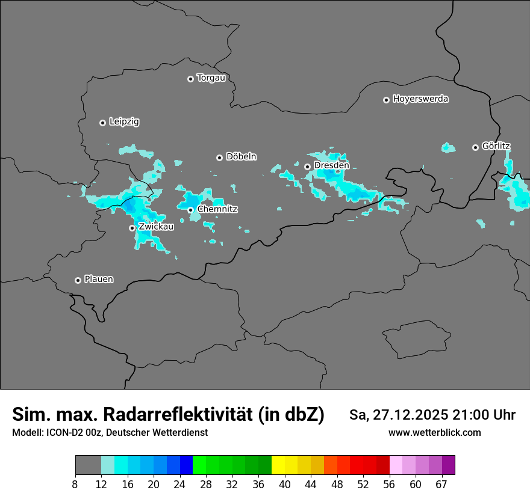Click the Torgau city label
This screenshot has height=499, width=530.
tap(211, 78)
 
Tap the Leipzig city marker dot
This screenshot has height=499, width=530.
tap(102, 123)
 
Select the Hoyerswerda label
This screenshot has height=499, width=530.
tap(420, 99)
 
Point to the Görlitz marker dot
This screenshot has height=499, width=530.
tap(475, 147)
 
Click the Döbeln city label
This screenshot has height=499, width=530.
tap(241, 157)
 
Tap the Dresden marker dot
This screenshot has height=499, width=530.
tap(307, 167)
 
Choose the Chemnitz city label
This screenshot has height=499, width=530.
tap(217, 209)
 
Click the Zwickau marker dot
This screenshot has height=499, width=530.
tap(132, 228)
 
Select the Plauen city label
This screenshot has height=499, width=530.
tap(99, 280)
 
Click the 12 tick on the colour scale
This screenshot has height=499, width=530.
tap(101, 485)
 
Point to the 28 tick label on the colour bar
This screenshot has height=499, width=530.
tap(206, 485)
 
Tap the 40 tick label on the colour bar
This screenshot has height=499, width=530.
tap(284, 485)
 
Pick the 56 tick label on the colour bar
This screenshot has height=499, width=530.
tap(390, 485)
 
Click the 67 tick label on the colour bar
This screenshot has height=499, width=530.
tap(441, 485)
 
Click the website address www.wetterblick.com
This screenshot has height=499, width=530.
tap(434, 433)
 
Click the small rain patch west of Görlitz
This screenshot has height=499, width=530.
tap(448, 147)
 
